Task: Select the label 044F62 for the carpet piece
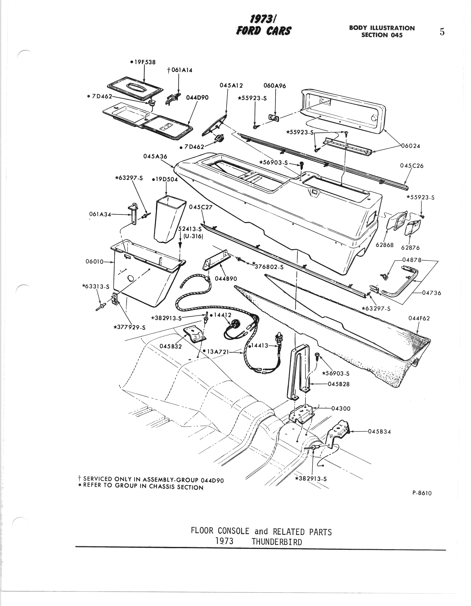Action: tap(419, 318)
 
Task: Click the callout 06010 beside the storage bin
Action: tap(94, 261)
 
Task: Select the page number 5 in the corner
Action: tap(442, 32)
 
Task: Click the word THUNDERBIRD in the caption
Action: tap(277, 542)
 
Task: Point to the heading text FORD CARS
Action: tap(263, 30)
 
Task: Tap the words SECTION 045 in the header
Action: tap(382, 35)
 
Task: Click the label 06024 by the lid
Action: tap(411, 146)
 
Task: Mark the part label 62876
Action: tap(410, 248)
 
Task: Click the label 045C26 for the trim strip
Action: tap(412, 166)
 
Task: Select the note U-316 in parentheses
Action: tap(193, 236)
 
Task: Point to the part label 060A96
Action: tap(275, 86)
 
